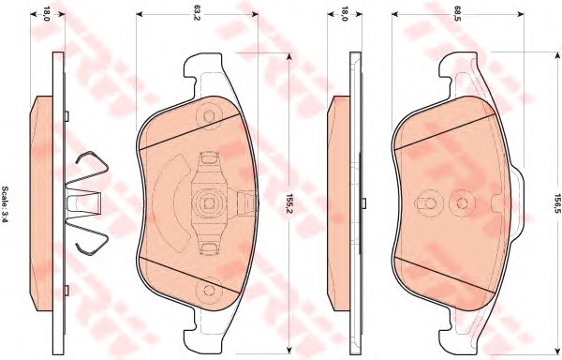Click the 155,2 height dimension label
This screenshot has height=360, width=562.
click(288, 203)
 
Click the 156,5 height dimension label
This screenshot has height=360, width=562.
click(556, 203)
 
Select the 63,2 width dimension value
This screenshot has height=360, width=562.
click(196, 14)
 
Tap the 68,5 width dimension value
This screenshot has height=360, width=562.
click(456, 14)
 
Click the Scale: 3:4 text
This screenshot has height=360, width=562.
click(6, 203)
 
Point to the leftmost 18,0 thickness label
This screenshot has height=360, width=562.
click(47, 14)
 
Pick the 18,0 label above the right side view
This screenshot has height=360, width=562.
click(344, 14)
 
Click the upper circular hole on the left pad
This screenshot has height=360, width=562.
click(209, 116)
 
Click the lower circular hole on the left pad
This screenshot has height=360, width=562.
click(209, 290)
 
